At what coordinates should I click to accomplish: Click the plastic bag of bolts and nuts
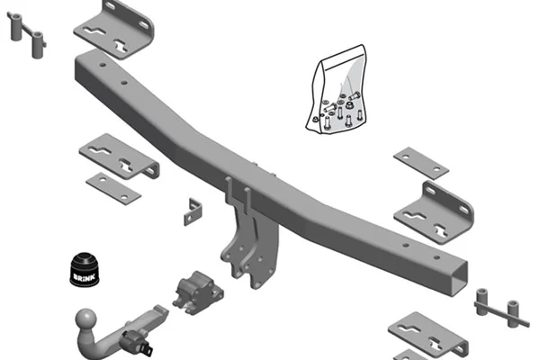[x=337, y=90]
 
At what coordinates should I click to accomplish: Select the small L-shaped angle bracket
[x=193, y=211]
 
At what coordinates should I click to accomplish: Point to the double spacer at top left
[x=26, y=34]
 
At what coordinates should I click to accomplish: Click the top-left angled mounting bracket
[x=114, y=30]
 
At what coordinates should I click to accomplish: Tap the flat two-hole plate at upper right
[x=421, y=163]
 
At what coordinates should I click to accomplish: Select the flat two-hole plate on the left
[x=113, y=188]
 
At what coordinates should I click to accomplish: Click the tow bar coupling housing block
[x=198, y=292]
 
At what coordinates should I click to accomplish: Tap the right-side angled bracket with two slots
[x=434, y=213]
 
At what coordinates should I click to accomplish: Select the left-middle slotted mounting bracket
[x=119, y=157]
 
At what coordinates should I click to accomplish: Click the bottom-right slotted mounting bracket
[x=428, y=334]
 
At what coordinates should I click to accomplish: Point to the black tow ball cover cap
[x=85, y=270]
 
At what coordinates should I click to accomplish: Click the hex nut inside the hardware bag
[x=349, y=104]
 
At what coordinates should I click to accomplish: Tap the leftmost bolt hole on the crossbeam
[x=103, y=65]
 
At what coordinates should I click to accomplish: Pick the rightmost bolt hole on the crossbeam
[x=436, y=257]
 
